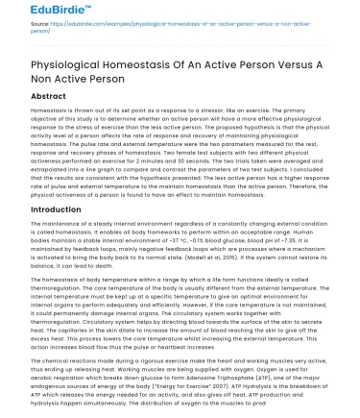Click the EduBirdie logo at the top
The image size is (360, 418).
click(x=36, y=13)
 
